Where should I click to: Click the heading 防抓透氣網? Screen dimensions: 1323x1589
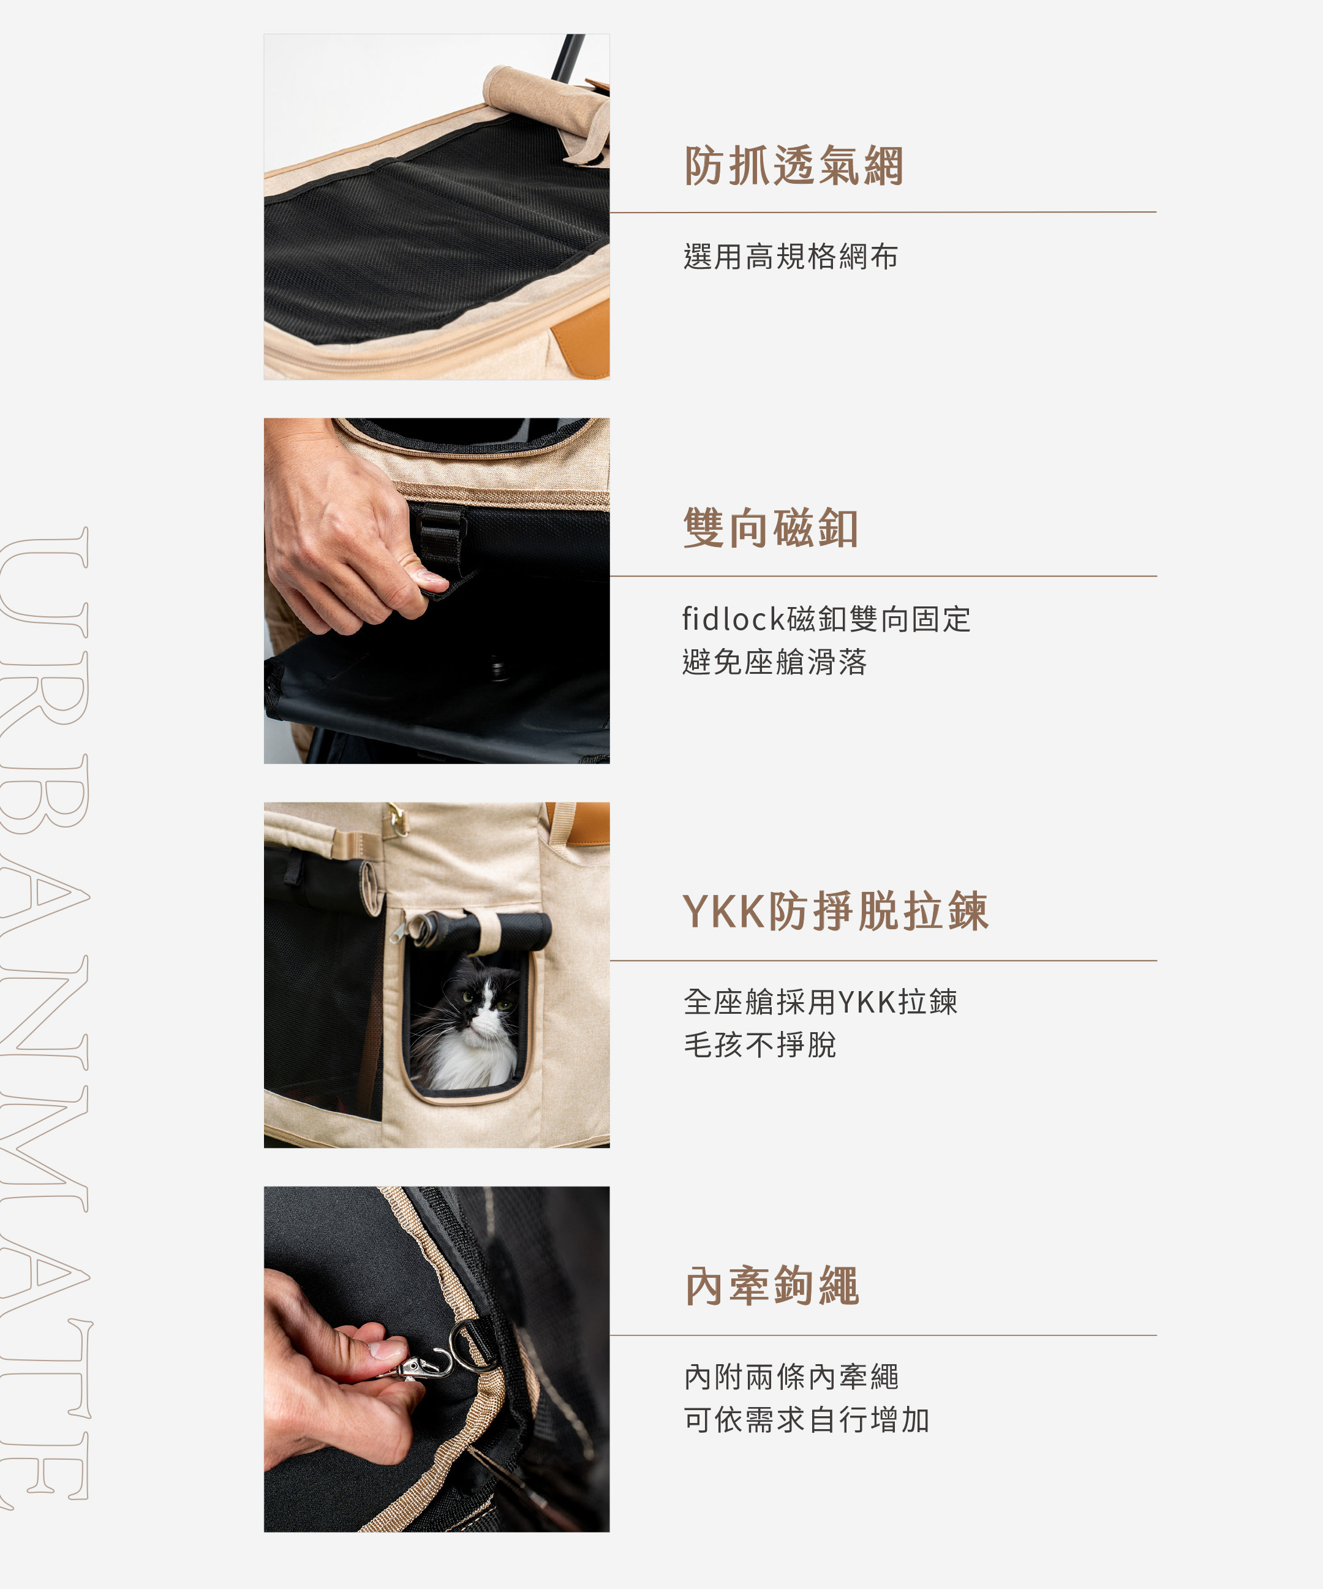point(794,166)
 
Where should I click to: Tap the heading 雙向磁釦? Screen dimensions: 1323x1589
point(771,527)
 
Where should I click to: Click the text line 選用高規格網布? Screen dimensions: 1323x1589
point(791,257)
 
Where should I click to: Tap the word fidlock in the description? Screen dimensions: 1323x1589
point(734,619)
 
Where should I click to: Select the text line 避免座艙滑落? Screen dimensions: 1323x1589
point(775,662)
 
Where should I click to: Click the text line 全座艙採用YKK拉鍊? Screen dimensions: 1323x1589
point(821,1002)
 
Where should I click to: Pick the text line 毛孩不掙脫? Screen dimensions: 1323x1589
point(759,1045)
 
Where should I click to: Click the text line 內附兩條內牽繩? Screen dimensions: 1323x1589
point(791,1377)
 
